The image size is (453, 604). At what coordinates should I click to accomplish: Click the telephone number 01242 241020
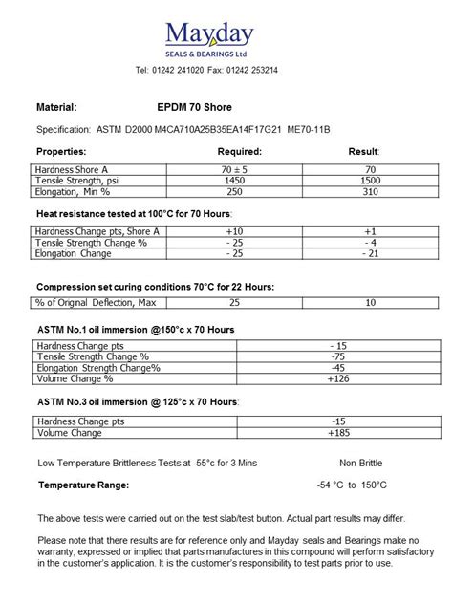click(x=181, y=71)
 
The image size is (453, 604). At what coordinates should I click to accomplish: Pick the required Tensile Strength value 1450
click(x=233, y=181)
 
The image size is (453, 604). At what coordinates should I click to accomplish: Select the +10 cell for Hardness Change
click(x=233, y=232)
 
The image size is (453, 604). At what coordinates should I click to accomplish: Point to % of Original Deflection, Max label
click(x=95, y=303)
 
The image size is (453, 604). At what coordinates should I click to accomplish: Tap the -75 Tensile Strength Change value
click(x=336, y=356)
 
